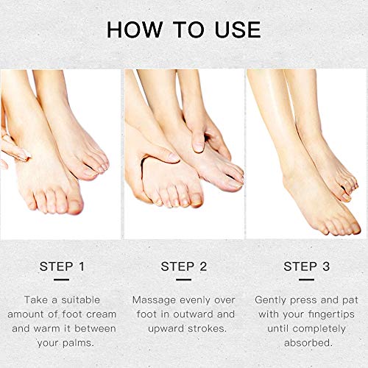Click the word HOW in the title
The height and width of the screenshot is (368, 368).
(x=135, y=29)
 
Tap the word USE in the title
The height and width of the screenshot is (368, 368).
(x=238, y=29)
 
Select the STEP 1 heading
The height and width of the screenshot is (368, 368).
(x=62, y=266)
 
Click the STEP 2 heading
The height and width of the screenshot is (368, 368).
(x=184, y=266)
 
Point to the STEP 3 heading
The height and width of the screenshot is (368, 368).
(x=307, y=266)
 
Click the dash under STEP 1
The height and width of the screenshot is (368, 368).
(x=61, y=280)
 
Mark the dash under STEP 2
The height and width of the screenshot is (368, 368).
(x=183, y=280)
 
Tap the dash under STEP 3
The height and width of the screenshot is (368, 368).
(x=306, y=280)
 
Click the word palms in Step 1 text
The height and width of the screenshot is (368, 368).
(x=78, y=343)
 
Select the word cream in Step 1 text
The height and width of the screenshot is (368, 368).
(x=102, y=314)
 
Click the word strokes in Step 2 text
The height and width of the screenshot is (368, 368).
(x=207, y=328)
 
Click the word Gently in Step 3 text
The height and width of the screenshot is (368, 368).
(x=271, y=300)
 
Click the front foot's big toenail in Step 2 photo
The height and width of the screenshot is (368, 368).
(x=196, y=199)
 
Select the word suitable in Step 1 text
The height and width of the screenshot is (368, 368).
(x=80, y=300)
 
